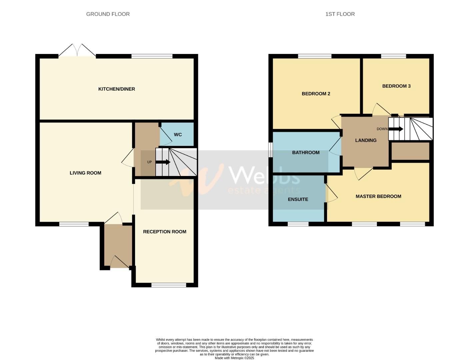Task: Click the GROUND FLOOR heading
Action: point(108,14)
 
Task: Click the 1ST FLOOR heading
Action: point(340,14)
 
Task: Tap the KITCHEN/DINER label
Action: point(117,89)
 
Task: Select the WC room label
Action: point(178,135)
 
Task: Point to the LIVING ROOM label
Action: point(85,173)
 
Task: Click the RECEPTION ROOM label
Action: point(165,232)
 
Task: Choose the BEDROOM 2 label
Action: point(316,94)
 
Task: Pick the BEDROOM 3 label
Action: point(396,86)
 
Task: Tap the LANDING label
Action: point(366,140)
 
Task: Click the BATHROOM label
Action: point(306,153)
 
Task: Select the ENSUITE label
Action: point(298,199)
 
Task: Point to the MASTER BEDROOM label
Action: point(378,196)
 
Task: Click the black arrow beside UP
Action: point(163,162)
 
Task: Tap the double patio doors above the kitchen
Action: point(77,51)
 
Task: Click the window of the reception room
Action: point(169,285)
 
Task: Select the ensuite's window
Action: point(298,224)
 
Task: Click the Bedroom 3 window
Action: point(394,56)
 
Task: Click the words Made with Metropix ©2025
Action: point(234,358)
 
